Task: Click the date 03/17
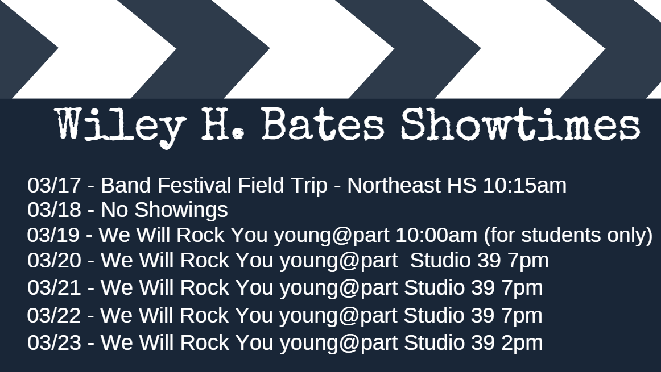[x=54, y=185]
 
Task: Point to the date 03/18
[x=54, y=210]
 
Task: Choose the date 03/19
[x=54, y=235]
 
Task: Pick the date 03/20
[x=54, y=260]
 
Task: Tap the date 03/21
[x=54, y=287]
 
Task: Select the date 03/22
[x=54, y=315]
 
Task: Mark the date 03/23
[x=54, y=342]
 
